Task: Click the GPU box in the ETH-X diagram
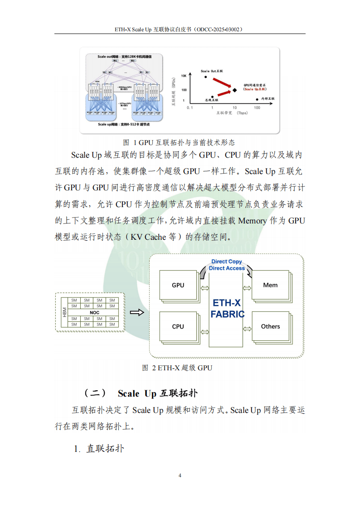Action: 178,286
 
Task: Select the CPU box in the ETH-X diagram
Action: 178,326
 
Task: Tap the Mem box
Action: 270,285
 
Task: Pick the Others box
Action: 270,326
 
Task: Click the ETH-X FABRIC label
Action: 227,308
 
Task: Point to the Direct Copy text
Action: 227,262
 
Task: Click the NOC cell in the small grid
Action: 94,313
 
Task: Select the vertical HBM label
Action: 64,313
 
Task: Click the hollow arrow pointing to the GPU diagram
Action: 136,312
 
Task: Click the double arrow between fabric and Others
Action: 248,327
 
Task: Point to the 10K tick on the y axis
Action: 184,76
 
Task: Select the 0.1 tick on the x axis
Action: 190,107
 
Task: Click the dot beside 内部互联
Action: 257,99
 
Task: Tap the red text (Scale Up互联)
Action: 255,89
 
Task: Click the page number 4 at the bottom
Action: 180,475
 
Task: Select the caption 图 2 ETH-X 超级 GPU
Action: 177,368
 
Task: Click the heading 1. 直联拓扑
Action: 99,449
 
